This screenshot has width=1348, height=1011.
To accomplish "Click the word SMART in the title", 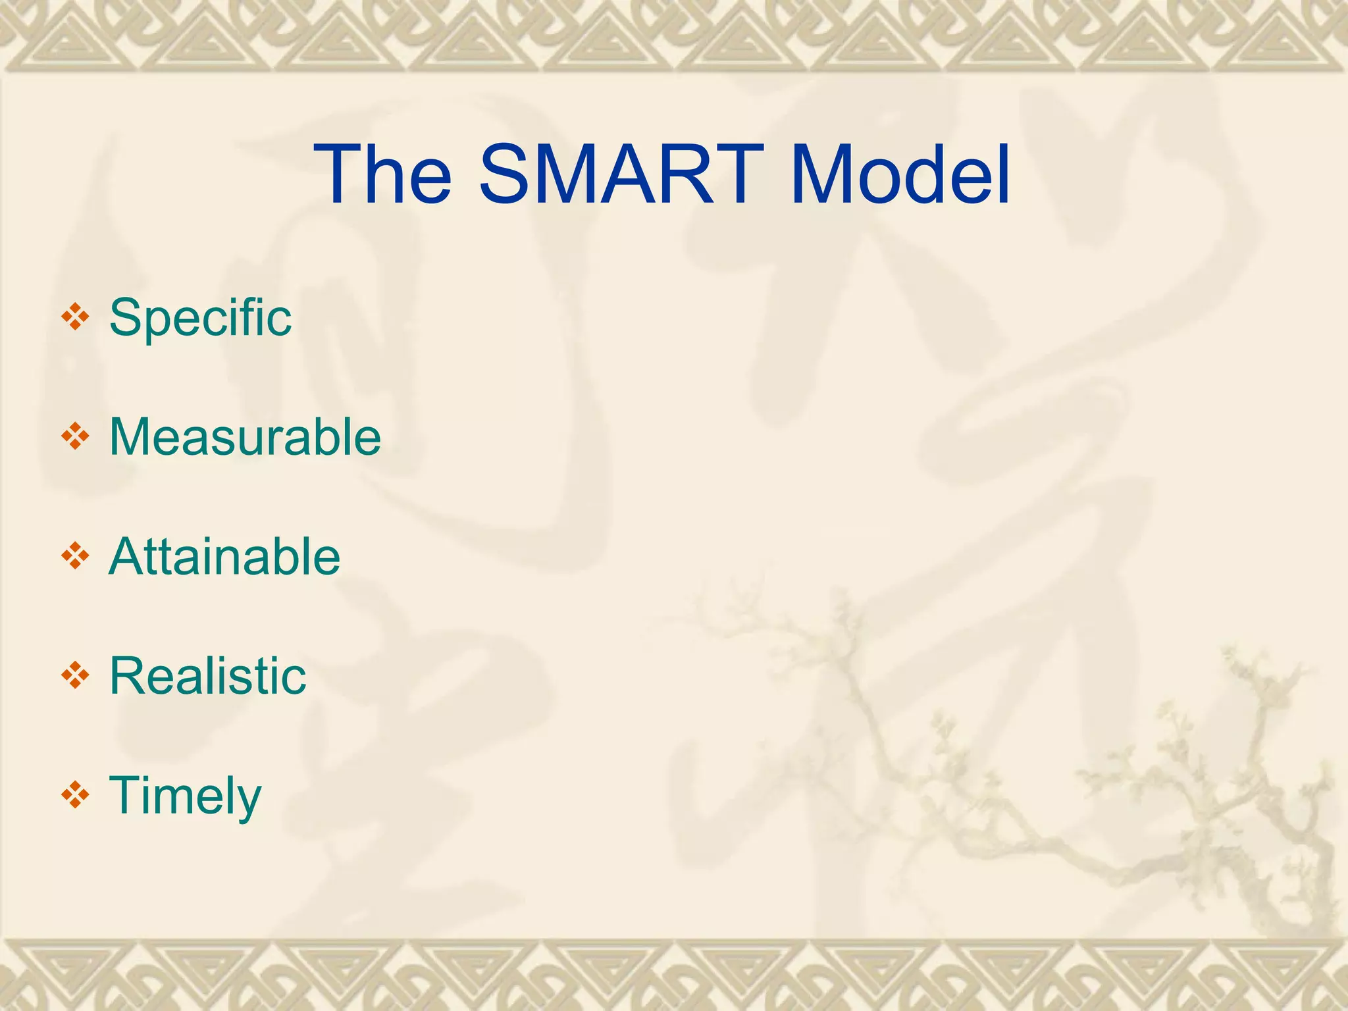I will point(621,175).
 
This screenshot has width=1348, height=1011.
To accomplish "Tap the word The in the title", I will point(382,175).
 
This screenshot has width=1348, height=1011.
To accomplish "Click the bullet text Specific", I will point(200,318).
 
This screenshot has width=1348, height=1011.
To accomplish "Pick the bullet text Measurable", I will point(245,437).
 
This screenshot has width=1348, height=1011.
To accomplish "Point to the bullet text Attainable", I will point(224,557).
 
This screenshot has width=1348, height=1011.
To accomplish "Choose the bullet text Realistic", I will point(208,676).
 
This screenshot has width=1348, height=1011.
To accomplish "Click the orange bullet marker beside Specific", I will point(75,317).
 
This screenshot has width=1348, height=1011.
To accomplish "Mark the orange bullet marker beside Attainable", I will point(75,557).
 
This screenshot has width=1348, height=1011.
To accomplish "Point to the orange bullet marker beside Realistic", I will point(75,676).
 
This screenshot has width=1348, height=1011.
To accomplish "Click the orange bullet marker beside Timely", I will point(75,795).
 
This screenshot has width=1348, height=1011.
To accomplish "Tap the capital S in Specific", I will point(125,318).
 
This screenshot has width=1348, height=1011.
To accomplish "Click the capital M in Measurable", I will point(131,437).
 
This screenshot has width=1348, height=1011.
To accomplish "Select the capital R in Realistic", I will point(128,676).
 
